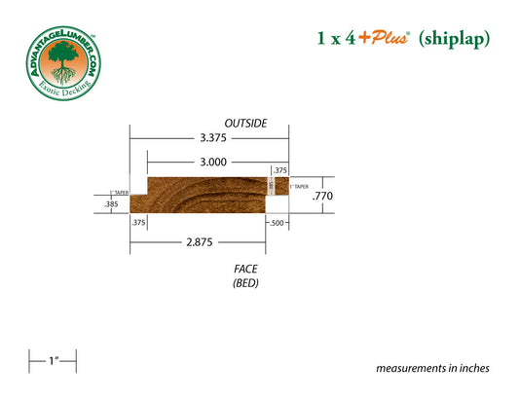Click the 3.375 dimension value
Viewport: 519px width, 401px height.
[x=213, y=138]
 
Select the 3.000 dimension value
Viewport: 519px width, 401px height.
[x=213, y=162]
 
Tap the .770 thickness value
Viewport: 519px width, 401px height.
[x=321, y=196]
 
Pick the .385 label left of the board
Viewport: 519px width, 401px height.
[x=111, y=204]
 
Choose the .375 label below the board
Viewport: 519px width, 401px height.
[x=138, y=223]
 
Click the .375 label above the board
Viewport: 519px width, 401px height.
[x=279, y=170]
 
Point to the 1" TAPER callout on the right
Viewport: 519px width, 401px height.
[x=300, y=186]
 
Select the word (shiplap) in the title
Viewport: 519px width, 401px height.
[x=454, y=39]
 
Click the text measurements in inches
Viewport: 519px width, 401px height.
[x=432, y=369]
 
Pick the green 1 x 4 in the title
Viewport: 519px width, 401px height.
[x=337, y=39]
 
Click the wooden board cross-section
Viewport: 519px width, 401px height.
[x=204, y=193]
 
